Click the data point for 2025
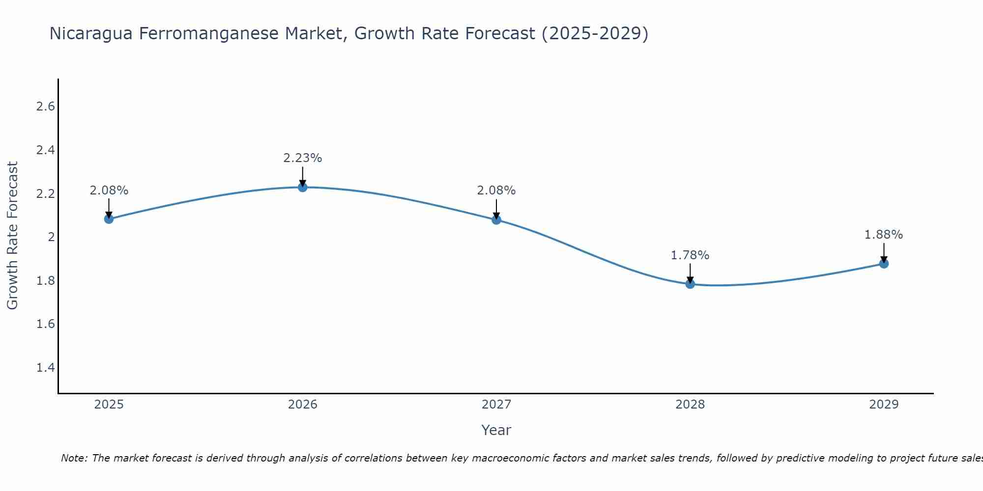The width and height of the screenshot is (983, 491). coord(109,219)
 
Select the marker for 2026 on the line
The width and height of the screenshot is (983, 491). coord(303,187)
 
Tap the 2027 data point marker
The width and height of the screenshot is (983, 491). coord(496,219)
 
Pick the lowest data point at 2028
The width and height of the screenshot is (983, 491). coord(690,284)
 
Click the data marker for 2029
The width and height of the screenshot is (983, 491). coord(884,264)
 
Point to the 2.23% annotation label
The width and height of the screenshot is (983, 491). coord(303,158)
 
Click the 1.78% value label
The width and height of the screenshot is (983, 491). coord(690,255)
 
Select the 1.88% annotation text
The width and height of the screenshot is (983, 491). coord(884,235)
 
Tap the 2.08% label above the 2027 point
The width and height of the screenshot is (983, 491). coord(496,191)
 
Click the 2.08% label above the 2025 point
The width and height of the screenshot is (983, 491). coord(109,191)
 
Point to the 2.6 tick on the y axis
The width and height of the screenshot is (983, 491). coord(46,107)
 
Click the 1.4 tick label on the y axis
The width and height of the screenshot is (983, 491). coord(46,368)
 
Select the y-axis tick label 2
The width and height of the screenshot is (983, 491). coord(51,237)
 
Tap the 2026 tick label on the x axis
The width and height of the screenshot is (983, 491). coord(303,405)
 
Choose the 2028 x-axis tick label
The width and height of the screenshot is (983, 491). coord(690,405)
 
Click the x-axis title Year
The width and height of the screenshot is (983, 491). coord(496,430)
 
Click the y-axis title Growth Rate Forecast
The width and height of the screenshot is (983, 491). coord(13,236)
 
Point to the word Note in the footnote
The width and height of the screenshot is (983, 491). coord(74,458)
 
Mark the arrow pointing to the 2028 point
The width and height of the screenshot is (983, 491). coord(690,273)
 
